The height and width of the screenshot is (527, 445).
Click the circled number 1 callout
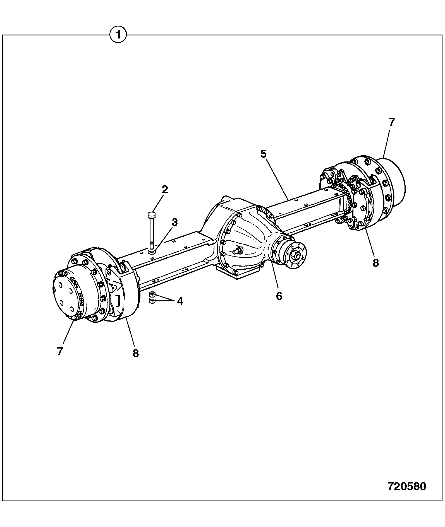point(118,35)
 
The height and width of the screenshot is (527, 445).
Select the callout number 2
point(165,190)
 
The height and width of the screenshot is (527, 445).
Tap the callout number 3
point(174,223)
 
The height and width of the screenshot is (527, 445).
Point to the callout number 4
point(180,301)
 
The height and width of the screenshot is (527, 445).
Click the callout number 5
point(264,154)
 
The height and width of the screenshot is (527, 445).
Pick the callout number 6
point(279,296)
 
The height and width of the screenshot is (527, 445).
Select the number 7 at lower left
point(60,351)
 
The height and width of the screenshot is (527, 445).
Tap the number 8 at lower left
point(136,353)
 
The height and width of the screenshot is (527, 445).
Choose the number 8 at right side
point(376,263)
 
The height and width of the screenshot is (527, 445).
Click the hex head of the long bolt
point(152,215)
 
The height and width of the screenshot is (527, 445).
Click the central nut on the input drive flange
point(295,255)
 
